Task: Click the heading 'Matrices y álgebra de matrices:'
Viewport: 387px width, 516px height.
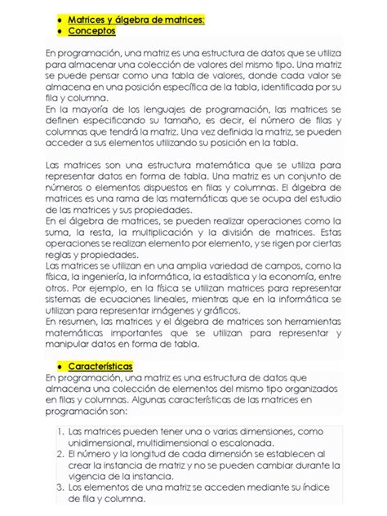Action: click(136, 18)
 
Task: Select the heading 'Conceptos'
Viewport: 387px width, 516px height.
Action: click(91, 30)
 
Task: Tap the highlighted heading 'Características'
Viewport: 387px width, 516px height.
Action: click(100, 367)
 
